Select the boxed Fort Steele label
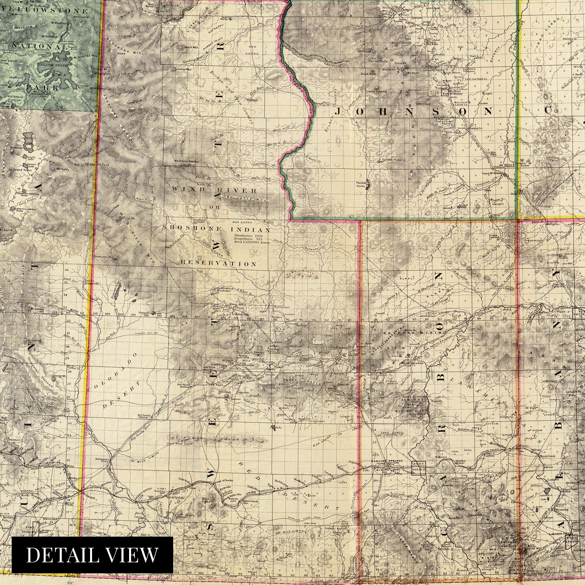pos(419,467)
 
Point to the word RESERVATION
pos(218,264)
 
